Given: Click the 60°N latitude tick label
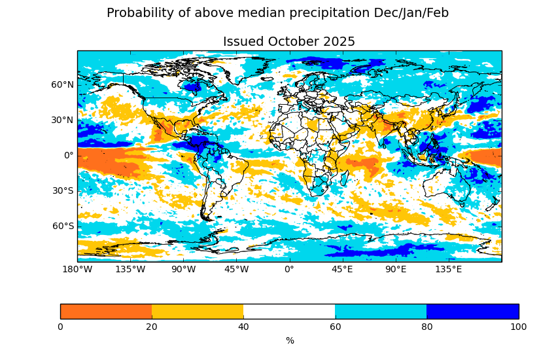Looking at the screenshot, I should point(63,84).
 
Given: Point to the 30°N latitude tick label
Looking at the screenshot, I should point(63,120).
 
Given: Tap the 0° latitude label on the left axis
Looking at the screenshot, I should point(69,155).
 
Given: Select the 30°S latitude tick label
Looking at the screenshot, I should point(63,190).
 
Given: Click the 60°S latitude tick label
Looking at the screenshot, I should point(63,226).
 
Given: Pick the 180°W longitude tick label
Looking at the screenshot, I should point(77,269).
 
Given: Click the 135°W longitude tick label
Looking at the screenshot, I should point(130,269).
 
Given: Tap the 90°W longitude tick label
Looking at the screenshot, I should point(183,269).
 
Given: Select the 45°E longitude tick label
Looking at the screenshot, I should point(342,269).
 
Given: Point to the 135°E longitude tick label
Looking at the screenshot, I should point(448,269).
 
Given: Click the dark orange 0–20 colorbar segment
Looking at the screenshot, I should point(106,312).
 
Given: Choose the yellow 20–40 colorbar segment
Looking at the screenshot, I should point(198,312).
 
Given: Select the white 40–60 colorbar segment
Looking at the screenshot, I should point(289,312).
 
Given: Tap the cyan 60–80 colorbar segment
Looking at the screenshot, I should point(381,312).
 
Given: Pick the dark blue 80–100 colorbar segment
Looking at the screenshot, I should point(472,312).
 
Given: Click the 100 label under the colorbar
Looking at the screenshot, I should point(518,327).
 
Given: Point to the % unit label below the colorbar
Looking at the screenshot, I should point(290,340).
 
